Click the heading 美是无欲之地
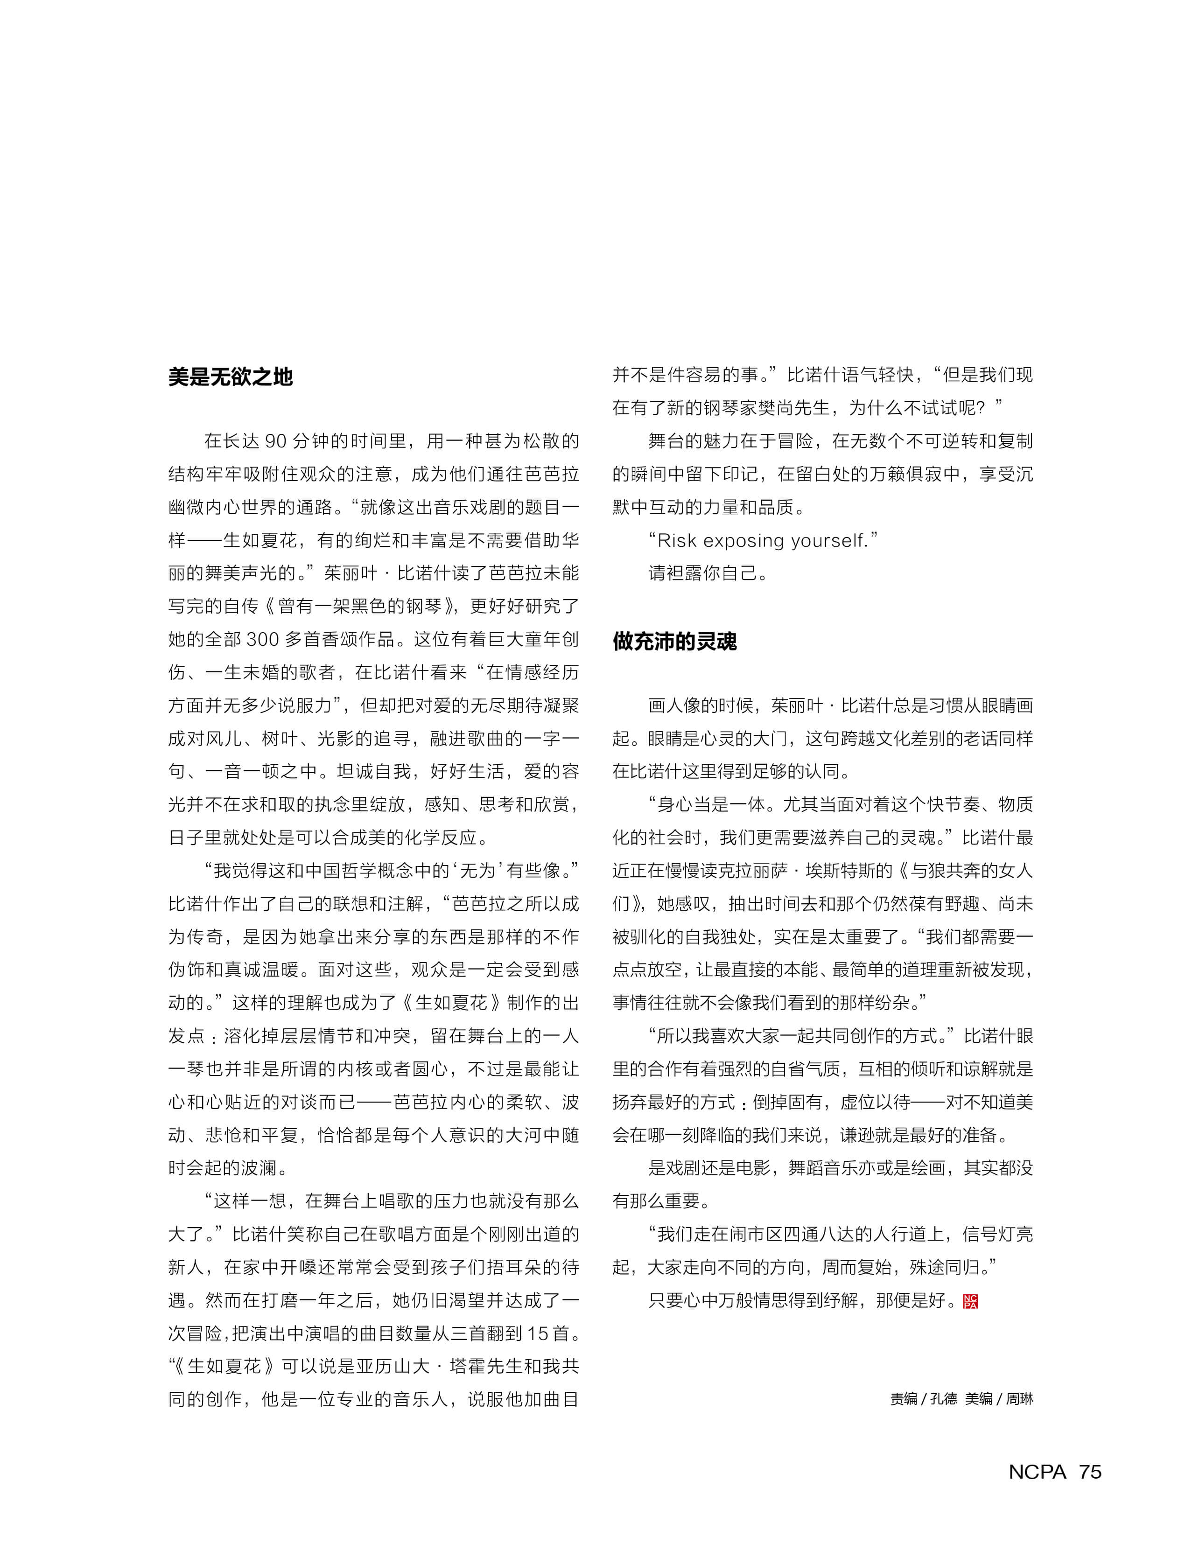[230, 377]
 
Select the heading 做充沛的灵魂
[674, 641]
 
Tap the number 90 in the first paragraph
[275, 441]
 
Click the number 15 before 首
[538, 1334]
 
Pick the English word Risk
[677, 541]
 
